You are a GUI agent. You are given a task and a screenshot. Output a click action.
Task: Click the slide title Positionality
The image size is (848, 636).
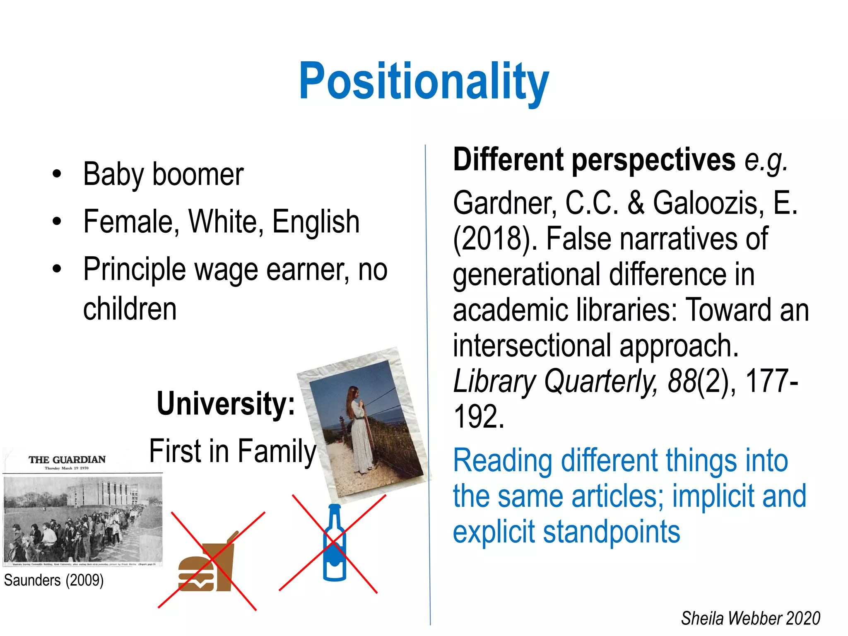[424, 82]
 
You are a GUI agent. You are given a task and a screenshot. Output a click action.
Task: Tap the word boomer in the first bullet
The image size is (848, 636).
[198, 174]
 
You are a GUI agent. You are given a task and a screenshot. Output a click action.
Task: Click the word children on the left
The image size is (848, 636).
[130, 309]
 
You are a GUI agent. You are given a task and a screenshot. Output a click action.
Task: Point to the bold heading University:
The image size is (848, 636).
[226, 404]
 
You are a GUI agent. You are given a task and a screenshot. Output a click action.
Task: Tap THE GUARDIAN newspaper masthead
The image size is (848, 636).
[67, 460]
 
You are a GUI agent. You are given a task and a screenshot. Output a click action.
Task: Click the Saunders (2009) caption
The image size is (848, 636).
[54, 581]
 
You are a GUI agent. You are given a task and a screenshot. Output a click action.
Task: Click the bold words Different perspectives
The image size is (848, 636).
[594, 160]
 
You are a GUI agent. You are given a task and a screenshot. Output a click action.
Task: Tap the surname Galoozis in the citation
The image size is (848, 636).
[708, 203]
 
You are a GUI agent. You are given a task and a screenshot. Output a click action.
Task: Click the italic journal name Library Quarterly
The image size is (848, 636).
[555, 381]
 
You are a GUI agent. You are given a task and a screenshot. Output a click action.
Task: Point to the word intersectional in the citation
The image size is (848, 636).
[532, 346]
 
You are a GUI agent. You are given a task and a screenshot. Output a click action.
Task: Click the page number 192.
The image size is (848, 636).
[479, 417]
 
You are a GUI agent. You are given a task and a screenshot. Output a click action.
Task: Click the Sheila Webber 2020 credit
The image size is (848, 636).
[750, 618]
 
